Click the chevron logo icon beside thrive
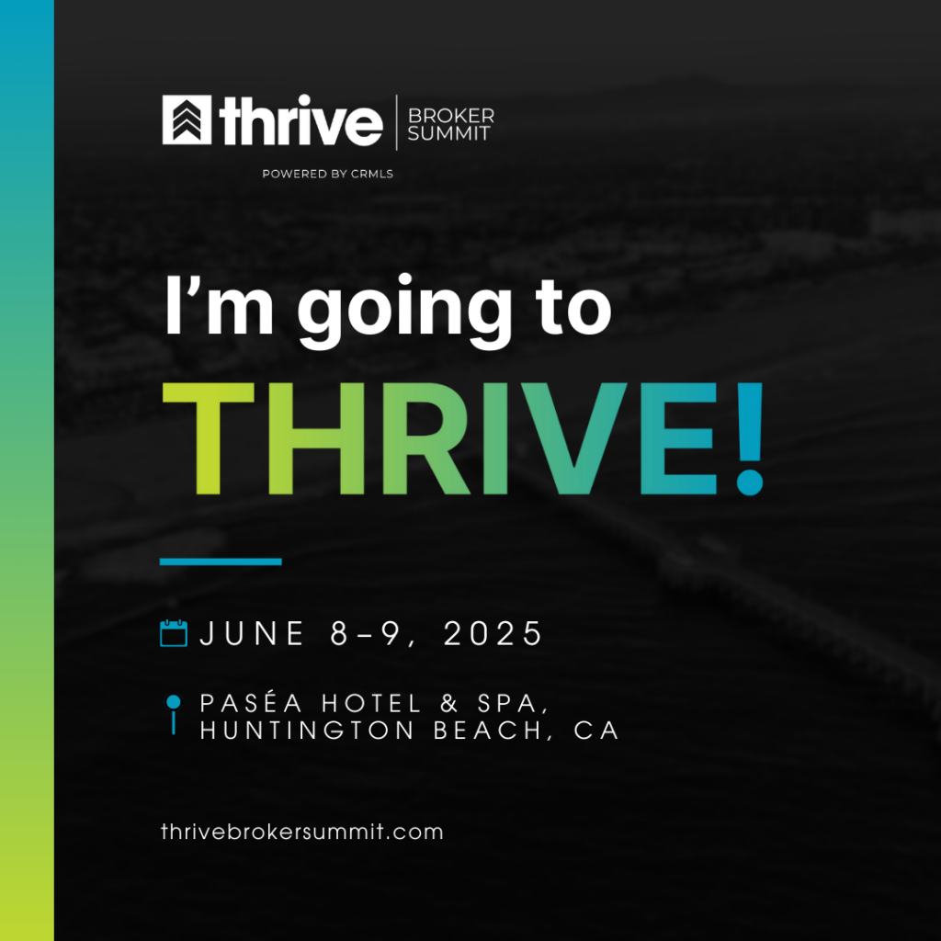tap(187, 119)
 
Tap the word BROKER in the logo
tap(450, 115)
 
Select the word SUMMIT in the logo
tap(448, 133)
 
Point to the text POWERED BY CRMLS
tap(328, 174)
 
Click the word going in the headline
tap(404, 311)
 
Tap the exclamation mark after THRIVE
tap(750, 438)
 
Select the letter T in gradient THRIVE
tap(209, 438)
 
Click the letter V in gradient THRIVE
tap(574, 438)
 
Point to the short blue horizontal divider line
tap(221, 561)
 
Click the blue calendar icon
tap(174, 633)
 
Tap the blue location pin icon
tap(174, 714)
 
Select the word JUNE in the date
tap(252, 634)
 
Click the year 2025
tap(493, 634)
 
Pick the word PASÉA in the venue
tap(252, 703)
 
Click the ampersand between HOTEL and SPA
tap(448, 704)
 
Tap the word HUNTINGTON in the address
tap(307, 731)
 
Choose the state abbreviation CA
tap(595, 731)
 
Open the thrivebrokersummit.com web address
tap(301, 832)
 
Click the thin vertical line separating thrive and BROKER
tap(397, 122)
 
